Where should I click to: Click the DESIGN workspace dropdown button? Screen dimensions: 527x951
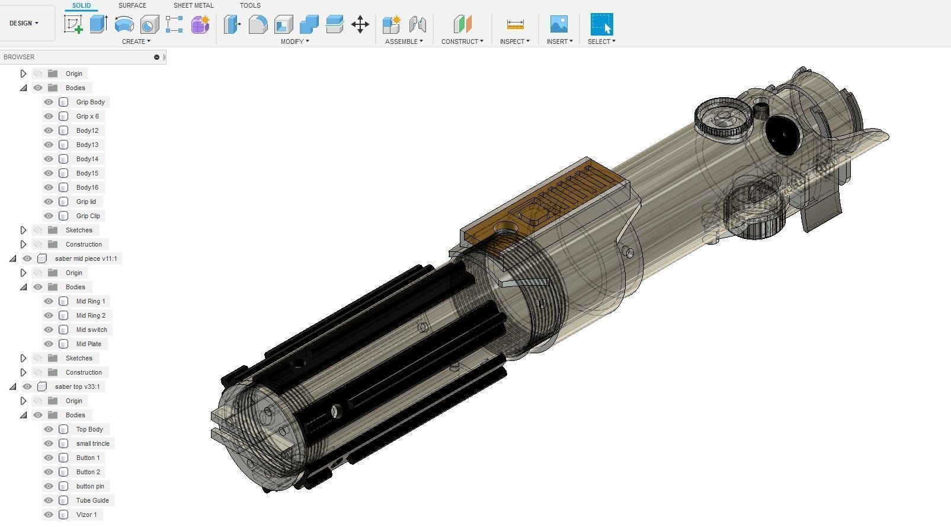point(24,23)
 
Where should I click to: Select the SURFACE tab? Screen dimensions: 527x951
point(132,5)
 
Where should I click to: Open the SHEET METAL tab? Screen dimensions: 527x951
point(193,5)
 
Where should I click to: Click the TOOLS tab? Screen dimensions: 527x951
point(249,5)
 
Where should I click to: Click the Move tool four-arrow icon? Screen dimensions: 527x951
point(360,24)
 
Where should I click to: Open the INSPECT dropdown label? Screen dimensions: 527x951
point(514,41)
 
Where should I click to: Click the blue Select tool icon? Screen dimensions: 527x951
point(601,24)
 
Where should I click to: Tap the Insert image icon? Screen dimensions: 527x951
point(559,24)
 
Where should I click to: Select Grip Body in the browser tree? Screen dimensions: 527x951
point(90,102)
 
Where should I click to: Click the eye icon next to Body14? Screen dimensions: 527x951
point(49,159)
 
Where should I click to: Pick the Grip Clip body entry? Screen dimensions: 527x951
point(88,216)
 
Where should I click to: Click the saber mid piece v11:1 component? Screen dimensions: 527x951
point(85,258)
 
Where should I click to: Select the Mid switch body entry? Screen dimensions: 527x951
point(91,330)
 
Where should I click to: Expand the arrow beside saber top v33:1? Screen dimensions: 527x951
point(13,387)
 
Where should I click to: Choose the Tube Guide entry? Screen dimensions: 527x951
point(92,500)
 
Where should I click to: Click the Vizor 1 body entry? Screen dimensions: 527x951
point(86,515)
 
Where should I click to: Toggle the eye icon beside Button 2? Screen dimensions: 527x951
point(49,472)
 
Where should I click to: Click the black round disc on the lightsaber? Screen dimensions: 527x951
point(782,135)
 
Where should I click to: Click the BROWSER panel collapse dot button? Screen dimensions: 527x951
point(156,57)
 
